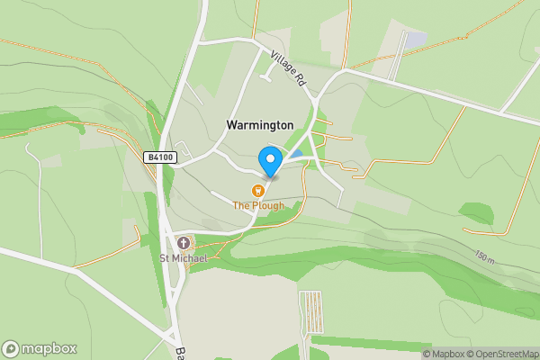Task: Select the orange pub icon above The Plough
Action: [x=258, y=190]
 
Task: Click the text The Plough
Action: [x=258, y=205]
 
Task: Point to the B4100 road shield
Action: [x=160, y=157]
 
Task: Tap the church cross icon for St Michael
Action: [x=184, y=243]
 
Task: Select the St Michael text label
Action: [x=184, y=259]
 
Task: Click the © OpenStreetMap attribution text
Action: [x=499, y=354]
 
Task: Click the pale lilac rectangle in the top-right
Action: [x=415, y=40]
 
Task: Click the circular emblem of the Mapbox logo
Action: [x=11, y=349]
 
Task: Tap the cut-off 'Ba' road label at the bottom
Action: [x=181, y=353]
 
